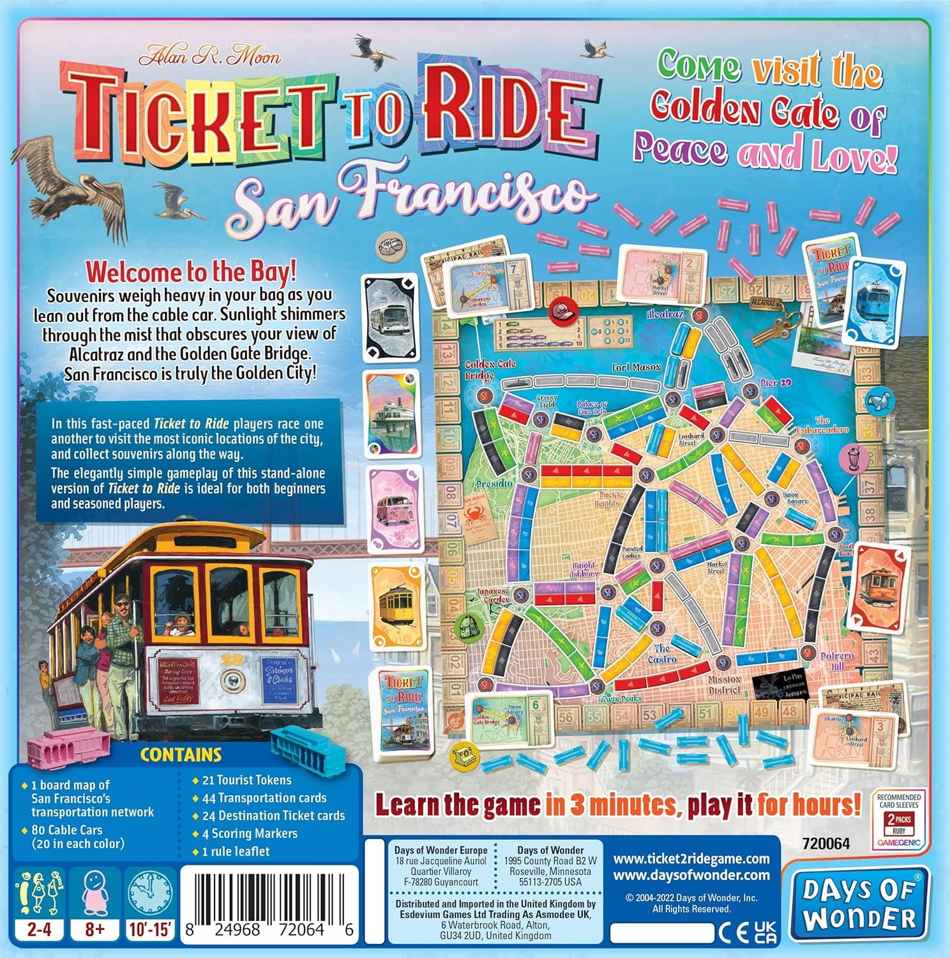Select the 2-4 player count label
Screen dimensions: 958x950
click(39, 929)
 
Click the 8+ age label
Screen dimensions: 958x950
click(94, 929)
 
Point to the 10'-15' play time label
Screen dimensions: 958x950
click(151, 929)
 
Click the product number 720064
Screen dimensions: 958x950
click(826, 844)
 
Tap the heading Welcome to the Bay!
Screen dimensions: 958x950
click(191, 271)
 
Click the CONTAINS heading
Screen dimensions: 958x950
click(181, 755)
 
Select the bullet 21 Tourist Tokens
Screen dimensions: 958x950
click(246, 780)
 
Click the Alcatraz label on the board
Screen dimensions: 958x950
click(665, 314)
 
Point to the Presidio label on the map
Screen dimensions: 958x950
click(494, 484)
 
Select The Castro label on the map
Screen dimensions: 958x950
click(662, 653)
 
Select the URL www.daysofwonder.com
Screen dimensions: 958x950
click(691, 875)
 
